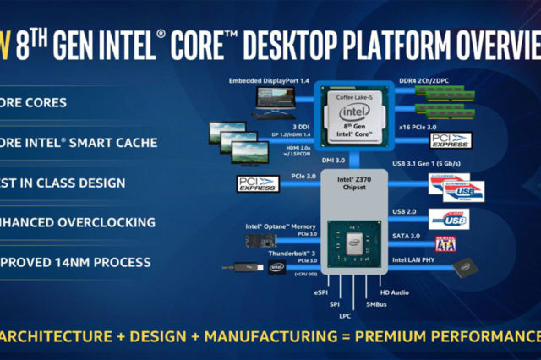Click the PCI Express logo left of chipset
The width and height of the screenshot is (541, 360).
(256, 183)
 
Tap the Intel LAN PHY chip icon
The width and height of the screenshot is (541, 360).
(462, 270)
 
